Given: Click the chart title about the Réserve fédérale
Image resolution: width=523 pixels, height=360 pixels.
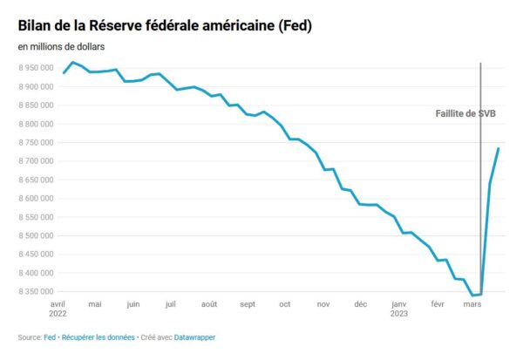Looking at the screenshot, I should tap(165, 27).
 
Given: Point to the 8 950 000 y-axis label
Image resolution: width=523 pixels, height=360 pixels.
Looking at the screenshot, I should tap(35, 67).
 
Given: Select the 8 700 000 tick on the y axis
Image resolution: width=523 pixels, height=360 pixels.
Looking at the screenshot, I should tap(35, 161).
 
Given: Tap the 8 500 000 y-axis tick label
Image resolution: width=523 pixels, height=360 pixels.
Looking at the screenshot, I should tap(35, 235).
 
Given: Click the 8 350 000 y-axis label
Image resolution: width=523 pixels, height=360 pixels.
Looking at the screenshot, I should tap(35, 291).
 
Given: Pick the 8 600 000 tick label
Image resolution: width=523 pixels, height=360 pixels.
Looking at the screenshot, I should tap(35, 199).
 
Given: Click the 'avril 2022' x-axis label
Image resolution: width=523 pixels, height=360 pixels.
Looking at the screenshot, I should tap(58, 309).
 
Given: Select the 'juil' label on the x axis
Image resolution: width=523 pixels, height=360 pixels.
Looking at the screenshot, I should tap(171, 304).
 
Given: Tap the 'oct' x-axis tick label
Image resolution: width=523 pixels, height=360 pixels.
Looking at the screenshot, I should tap(284, 304).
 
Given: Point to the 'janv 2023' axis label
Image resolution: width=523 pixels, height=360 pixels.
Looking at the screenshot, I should tap(400, 309).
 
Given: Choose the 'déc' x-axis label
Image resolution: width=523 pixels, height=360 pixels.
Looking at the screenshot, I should tap(361, 304).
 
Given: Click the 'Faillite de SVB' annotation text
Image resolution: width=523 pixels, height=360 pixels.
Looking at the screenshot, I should tap(465, 114).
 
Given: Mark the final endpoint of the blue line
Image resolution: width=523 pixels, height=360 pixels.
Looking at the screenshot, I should tap(498, 148).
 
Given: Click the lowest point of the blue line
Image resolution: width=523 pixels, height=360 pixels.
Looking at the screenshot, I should tap(472, 295).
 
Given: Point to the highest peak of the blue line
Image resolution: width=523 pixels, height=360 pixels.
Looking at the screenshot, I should tap(72, 62).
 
